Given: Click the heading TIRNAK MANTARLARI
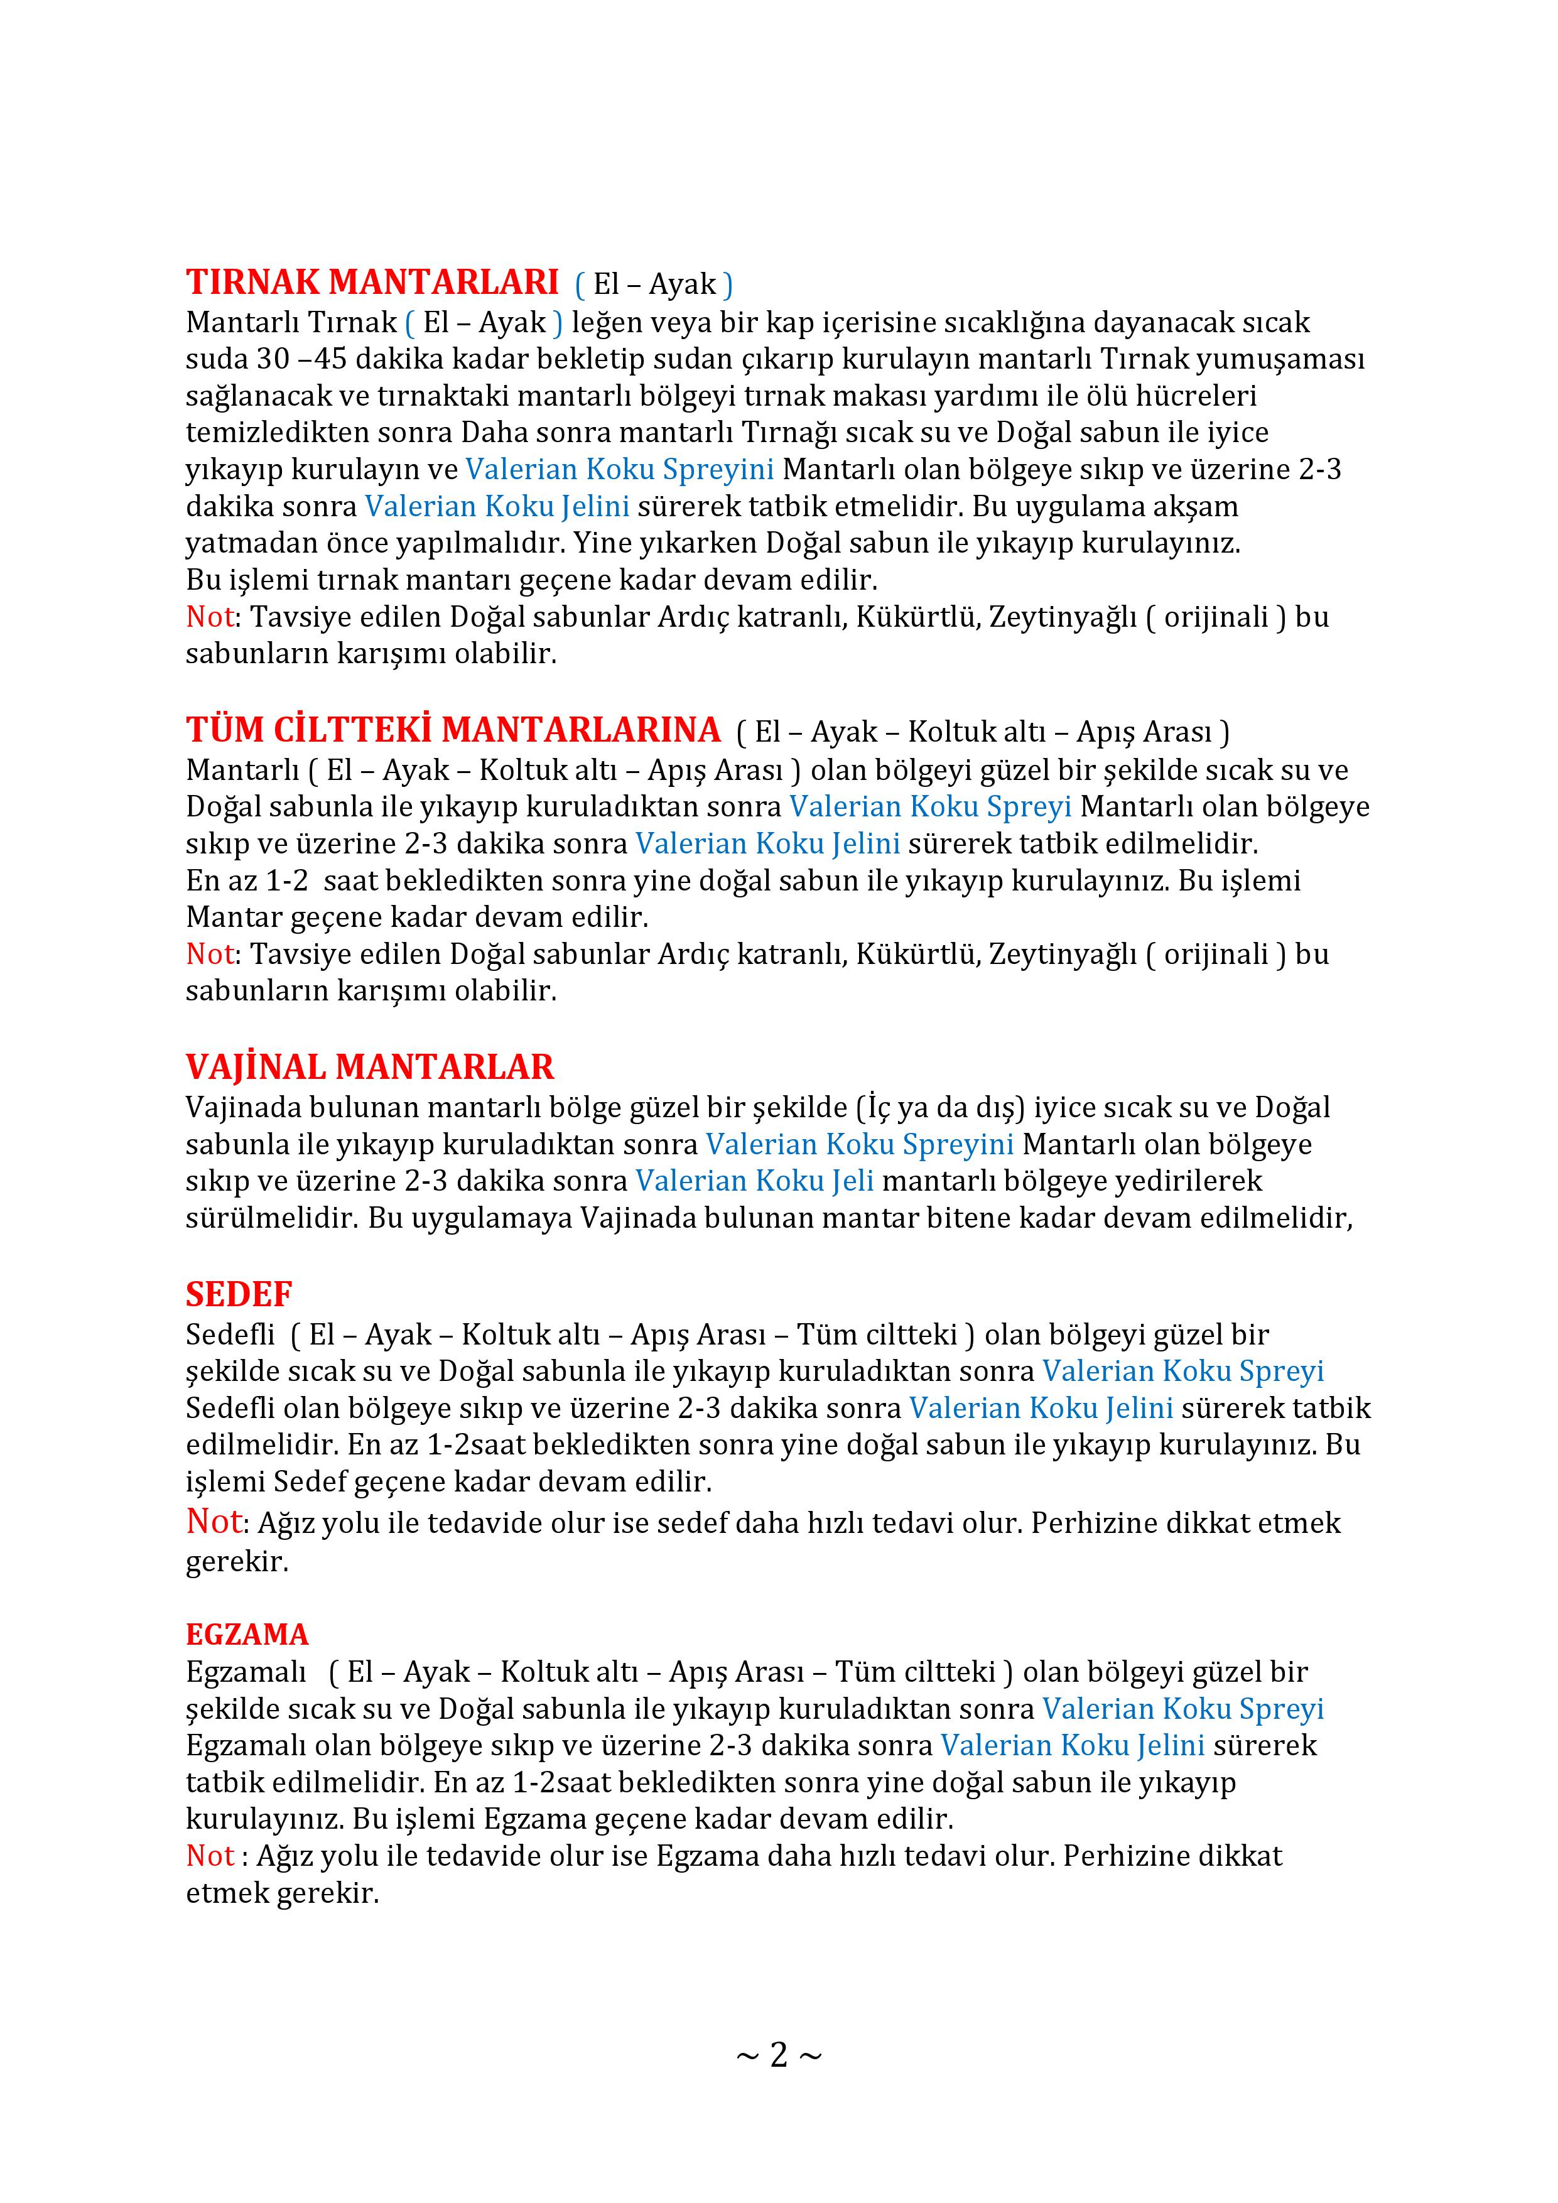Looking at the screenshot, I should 372,282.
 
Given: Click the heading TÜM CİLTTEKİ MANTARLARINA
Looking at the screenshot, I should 453,730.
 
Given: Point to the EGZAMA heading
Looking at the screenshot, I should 247,1634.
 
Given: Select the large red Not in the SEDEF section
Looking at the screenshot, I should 214,1521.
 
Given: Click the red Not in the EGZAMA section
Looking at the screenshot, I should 210,1856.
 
